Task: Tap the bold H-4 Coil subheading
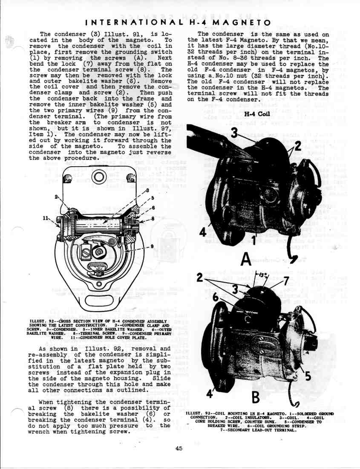coord(257,114)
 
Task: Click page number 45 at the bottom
coord(179,448)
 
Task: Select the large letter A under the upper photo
coord(246,258)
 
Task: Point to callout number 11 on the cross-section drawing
coord(46,218)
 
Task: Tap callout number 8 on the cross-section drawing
coord(153,219)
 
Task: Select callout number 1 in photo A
coord(254,240)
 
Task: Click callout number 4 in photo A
coord(203,233)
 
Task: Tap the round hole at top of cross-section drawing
coord(98,177)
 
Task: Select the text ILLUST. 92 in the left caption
coord(41,321)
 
